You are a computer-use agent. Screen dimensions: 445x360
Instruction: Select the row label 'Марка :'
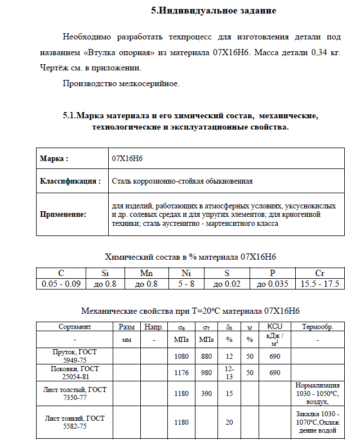54,158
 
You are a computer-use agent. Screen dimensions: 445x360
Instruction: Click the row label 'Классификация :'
70,181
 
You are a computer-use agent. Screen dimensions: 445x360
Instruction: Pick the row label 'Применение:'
63,214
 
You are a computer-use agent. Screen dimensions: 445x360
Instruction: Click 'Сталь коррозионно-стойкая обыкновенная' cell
182,181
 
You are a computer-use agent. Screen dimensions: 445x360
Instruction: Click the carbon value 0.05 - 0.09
61,284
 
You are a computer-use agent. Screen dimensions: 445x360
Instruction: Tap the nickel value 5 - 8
186,284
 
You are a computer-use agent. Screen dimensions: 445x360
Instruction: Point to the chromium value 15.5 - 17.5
320,284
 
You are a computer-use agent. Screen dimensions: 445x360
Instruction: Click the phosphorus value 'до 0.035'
273,284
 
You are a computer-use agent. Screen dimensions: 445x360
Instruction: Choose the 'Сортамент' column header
75,327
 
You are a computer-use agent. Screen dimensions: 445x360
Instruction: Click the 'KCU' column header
274,327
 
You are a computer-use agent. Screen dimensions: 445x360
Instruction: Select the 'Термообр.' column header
318,327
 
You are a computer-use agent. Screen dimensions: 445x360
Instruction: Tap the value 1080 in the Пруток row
181,356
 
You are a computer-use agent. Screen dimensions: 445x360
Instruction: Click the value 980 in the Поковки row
206,372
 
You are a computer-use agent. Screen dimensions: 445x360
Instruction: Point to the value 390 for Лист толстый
206,393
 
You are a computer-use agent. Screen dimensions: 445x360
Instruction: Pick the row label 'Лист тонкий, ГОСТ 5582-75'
74,422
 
